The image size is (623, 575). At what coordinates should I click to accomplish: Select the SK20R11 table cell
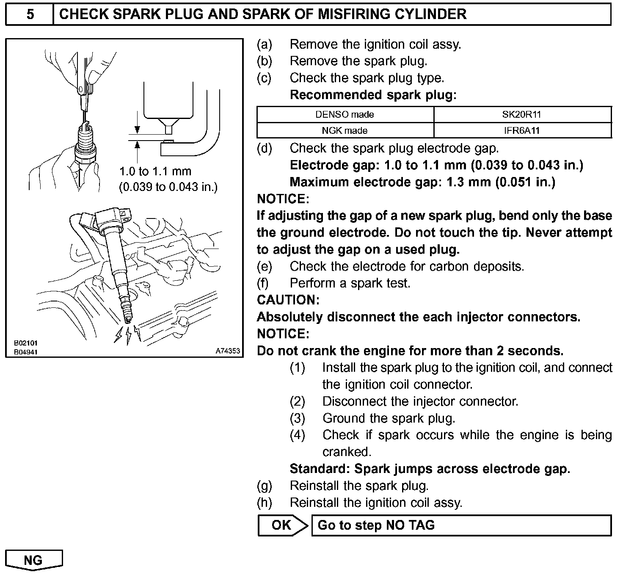(x=522, y=114)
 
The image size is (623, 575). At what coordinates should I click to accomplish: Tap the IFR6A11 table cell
(x=522, y=130)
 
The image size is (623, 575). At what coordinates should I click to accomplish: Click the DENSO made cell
(x=345, y=114)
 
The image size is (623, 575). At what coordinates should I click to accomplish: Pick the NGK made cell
(x=345, y=130)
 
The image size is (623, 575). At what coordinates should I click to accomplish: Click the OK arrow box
(x=282, y=525)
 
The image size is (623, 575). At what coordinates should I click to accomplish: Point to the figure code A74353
(x=228, y=351)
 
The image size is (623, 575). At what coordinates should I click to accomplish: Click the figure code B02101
(x=26, y=343)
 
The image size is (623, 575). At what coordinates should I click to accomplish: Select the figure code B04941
(x=26, y=351)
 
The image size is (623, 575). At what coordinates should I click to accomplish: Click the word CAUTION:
(x=288, y=300)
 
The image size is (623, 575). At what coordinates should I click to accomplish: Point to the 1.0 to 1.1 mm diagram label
(x=155, y=171)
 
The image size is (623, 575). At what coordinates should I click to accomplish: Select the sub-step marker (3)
(x=297, y=418)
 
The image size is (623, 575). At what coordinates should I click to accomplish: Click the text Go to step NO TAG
(x=376, y=525)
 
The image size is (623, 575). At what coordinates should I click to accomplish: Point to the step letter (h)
(x=265, y=503)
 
